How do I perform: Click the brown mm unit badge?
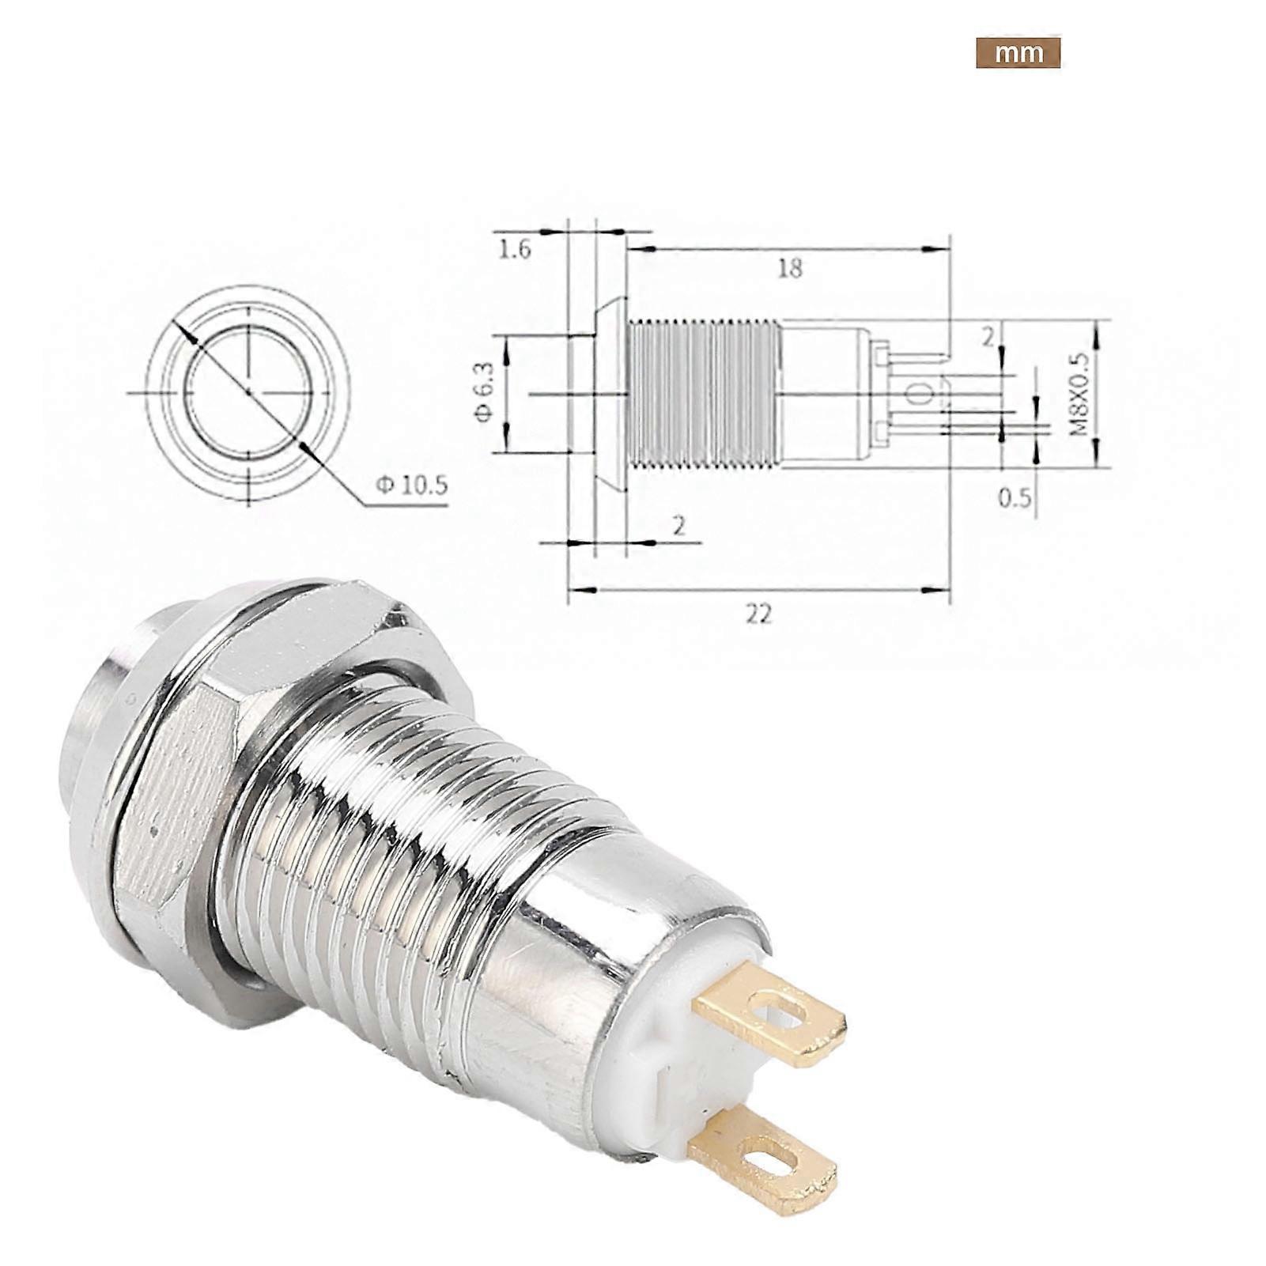coord(1017,53)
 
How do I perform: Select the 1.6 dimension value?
coord(514,250)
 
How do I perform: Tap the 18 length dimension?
coord(789,268)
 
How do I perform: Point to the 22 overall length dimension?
coord(758,614)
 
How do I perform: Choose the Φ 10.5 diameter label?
coord(411,484)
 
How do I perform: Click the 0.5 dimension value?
coord(1014,497)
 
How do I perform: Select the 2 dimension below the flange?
coord(678,525)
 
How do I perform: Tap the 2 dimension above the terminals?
coord(988,338)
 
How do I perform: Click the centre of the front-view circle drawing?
coord(248,391)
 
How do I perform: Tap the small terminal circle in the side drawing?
coord(918,393)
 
